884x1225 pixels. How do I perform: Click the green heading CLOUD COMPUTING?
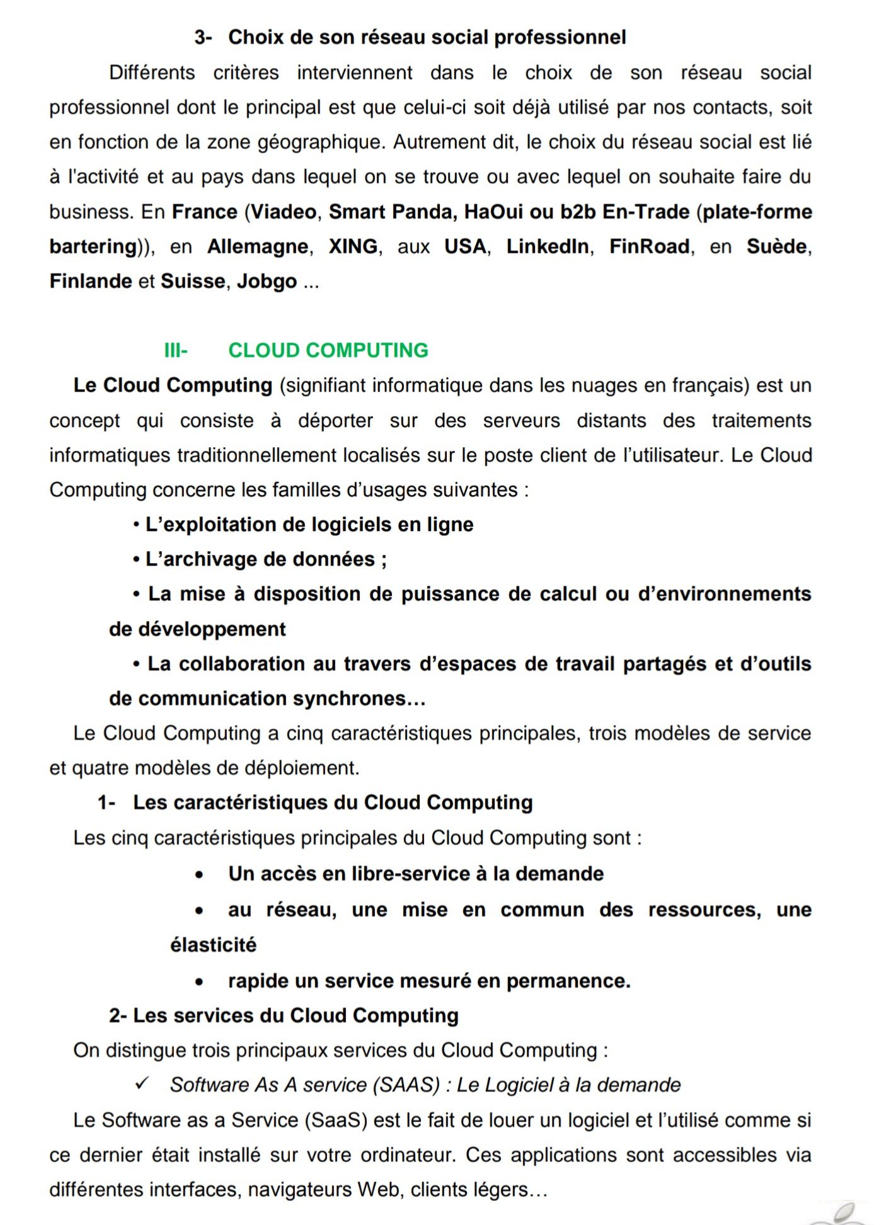(328, 350)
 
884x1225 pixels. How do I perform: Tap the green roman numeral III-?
(176, 350)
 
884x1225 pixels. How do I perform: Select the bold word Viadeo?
(284, 212)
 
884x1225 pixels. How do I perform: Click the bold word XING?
(353, 246)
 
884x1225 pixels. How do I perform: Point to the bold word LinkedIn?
(548, 246)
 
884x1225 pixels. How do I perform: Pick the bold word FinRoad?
(649, 246)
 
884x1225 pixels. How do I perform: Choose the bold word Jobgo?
(267, 281)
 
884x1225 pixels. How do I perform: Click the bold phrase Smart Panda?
(391, 212)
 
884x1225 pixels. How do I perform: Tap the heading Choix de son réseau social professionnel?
(427, 37)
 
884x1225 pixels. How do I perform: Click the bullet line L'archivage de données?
(265, 559)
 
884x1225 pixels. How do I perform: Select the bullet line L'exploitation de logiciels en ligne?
(309, 525)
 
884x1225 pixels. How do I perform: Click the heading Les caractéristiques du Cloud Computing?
(333, 802)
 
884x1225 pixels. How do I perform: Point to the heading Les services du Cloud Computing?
(296, 1015)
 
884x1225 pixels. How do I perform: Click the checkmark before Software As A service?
(142, 1083)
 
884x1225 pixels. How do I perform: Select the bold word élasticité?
(213, 945)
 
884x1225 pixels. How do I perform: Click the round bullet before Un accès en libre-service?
(199, 875)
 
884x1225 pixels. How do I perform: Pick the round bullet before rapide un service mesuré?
(199, 982)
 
